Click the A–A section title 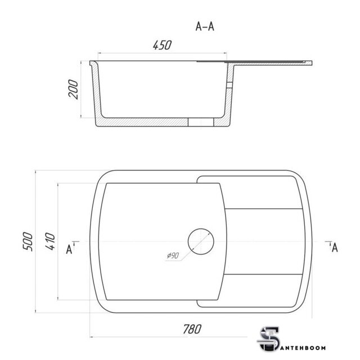point(205,26)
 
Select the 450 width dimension point(163,45)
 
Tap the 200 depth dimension point(74,89)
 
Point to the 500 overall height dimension point(28,241)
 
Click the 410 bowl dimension point(50,241)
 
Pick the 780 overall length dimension point(192,329)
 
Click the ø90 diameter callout point(173,255)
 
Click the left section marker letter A point(69,250)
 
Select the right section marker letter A point(335,247)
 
